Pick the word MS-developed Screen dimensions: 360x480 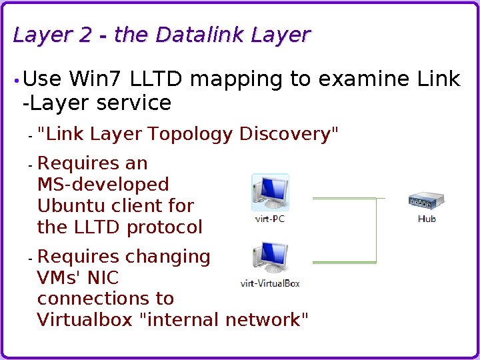(x=103, y=185)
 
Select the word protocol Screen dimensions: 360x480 (x=164, y=227)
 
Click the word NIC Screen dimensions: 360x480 (x=103, y=278)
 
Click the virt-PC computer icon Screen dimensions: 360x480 (x=270, y=193)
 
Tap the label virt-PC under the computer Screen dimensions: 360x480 (x=270, y=219)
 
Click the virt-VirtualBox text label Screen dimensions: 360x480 (x=270, y=283)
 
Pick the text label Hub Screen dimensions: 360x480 (x=427, y=219)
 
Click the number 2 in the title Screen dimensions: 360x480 (x=85, y=35)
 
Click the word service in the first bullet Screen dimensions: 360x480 (x=134, y=103)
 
